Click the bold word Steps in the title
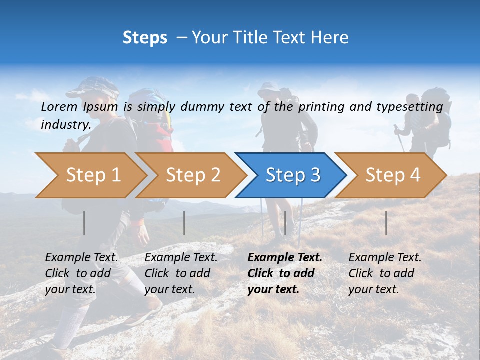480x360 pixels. tap(145, 38)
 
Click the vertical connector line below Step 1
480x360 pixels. tap(84, 223)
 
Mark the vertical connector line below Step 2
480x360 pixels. tap(184, 223)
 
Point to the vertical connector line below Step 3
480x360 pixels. tap(285, 223)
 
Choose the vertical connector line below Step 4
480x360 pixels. tap(386, 223)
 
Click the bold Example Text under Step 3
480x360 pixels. tap(285, 258)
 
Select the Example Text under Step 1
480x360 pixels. tap(81, 258)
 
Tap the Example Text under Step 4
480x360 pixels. tap(385, 258)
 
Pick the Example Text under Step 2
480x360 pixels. tap(181, 258)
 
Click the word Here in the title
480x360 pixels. tap(329, 38)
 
